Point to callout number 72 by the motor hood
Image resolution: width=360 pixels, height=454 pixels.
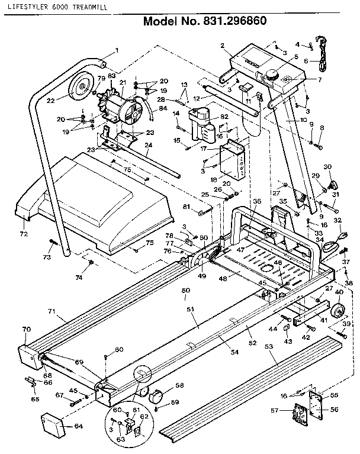[24, 226]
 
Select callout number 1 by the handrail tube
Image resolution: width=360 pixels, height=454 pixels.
[117, 50]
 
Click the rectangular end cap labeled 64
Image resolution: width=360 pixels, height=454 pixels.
[52, 424]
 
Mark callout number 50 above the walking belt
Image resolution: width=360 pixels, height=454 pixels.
[185, 291]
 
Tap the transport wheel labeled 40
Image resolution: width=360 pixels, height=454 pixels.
[339, 311]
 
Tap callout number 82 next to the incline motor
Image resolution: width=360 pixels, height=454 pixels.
[224, 118]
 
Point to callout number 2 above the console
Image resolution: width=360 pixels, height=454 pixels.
[222, 46]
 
